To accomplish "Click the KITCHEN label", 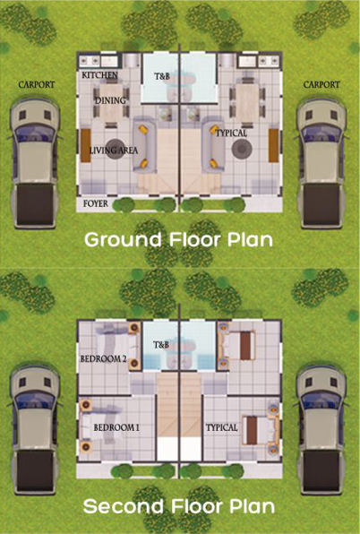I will (99, 76).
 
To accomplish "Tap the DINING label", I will (110, 101).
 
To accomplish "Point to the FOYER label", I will (96, 204).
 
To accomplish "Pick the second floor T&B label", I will (161, 345).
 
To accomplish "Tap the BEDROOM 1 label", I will (116, 427).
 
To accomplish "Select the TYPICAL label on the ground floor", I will (231, 133).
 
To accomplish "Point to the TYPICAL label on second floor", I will (222, 427).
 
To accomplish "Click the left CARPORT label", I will (37, 84).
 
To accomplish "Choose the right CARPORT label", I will (321, 84).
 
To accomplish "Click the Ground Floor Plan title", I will (179, 240).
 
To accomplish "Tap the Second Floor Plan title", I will (179, 506).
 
